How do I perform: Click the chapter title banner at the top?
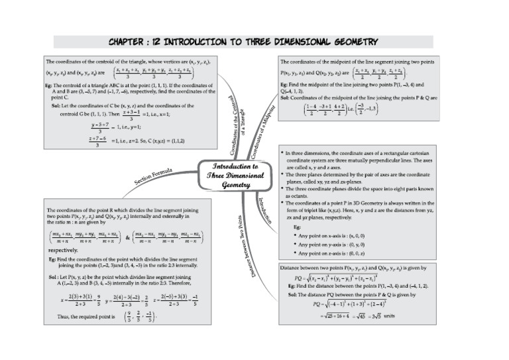pyautogui.click(x=243, y=41)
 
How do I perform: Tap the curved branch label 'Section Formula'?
pyautogui.click(x=153, y=176)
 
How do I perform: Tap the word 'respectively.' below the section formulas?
pyautogui.click(x=63, y=251)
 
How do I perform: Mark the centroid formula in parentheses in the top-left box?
pyautogui.click(x=154, y=72)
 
